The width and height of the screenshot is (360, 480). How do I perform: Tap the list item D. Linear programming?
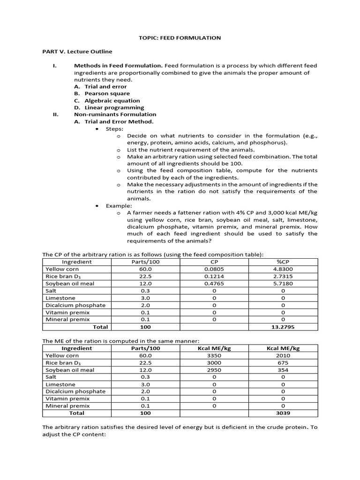(x=109, y=107)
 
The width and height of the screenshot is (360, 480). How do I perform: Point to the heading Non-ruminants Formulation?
(x=115, y=114)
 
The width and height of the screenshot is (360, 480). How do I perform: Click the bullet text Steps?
(x=114, y=128)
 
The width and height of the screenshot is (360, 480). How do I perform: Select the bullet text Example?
(x=119, y=206)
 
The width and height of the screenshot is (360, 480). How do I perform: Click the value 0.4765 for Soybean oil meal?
(x=214, y=284)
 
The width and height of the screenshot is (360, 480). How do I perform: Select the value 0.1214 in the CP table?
(x=214, y=276)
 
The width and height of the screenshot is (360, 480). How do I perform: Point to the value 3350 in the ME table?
(x=214, y=355)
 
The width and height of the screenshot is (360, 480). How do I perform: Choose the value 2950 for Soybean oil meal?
(x=214, y=370)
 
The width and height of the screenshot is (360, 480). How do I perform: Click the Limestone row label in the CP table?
(x=60, y=298)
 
